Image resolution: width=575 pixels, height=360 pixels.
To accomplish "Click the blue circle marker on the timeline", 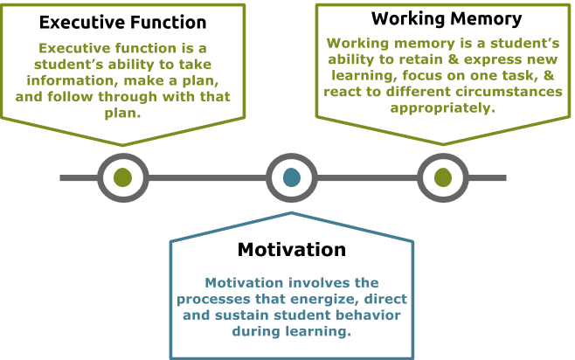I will pos(292,178).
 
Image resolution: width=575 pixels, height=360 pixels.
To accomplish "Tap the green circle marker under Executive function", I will pos(122,178).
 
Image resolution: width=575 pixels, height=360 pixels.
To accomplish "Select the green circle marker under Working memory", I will pos(443,178).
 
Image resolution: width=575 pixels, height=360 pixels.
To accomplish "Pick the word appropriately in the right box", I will pos(443,108).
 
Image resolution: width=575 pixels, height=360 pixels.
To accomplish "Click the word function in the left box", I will pos(142,49).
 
